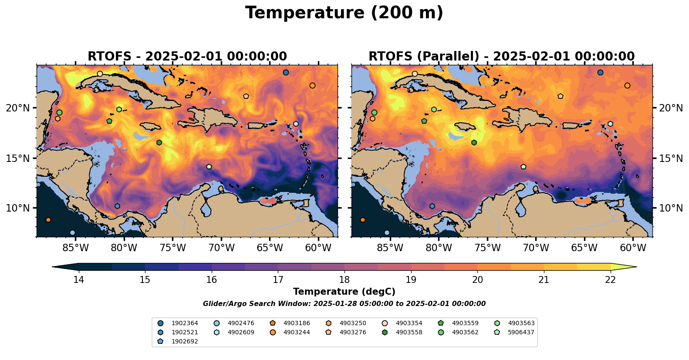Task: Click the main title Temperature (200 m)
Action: pyautogui.click(x=344, y=13)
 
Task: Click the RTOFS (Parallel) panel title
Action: pyautogui.click(x=501, y=57)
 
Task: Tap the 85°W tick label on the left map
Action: pyautogui.click(x=75, y=248)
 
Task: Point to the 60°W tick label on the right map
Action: pyautogui.click(x=633, y=248)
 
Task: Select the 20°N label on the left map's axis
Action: pyautogui.click(x=18, y=108)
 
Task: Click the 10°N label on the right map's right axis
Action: pyautogui.click(x=671, y=208)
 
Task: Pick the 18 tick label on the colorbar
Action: pyautogui.click(x=344, y=279)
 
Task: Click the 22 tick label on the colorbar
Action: pyautogui.click(x=610, y=279)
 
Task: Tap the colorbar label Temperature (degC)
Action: pyautogui.click(x=344, y=292)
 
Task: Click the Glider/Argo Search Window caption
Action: pyautogui.click(x=344, y=304)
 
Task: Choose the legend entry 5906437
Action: pyautogui.click(x=521, y=333)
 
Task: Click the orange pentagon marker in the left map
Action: pyautogui.click(x=48, y=220)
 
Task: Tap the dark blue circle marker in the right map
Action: pyautogui.click(x=600, y=72)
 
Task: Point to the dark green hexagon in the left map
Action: pyautogui.click(x=159, y=142)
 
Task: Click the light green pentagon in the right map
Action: pyautogui.click(x=524, y=167)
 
